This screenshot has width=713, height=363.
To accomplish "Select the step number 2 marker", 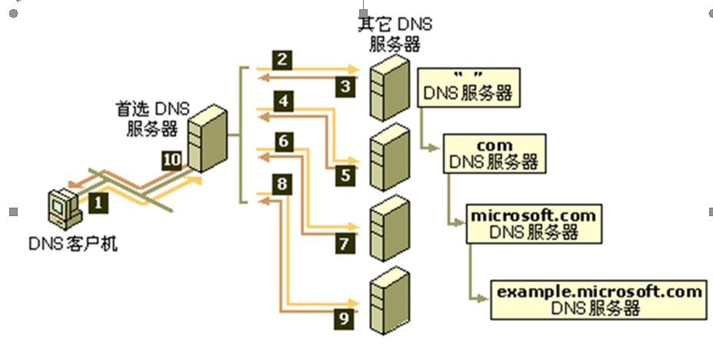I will (284, 58).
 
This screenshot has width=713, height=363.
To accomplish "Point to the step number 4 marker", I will (284, 101).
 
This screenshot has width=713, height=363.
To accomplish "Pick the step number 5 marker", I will (345, 175).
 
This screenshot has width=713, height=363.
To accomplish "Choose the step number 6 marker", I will (284, 142).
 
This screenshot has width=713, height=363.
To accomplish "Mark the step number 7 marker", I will (345, 245).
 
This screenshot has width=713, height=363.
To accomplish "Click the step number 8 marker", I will (284, 185).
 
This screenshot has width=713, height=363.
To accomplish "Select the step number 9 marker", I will (345, 315).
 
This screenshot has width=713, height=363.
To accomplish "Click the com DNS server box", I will (494, 153).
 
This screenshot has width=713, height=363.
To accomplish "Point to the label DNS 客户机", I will (73, 245).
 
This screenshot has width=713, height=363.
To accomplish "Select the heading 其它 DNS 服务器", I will (394, 33).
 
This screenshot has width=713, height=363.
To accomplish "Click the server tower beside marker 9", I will (388, 301).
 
